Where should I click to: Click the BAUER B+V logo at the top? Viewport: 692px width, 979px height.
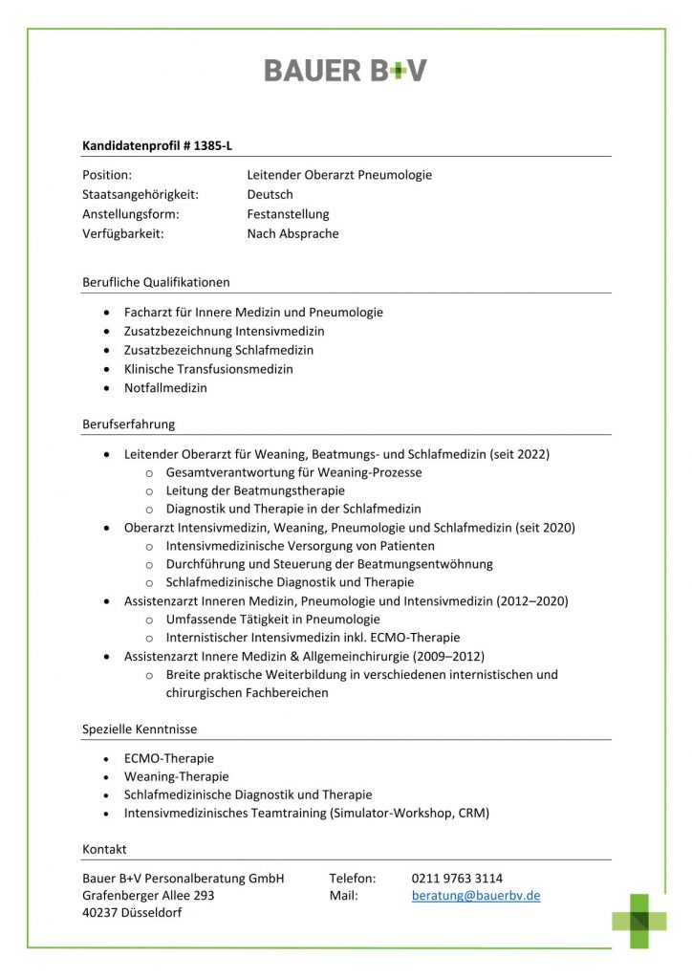pyautogui.click(x=345, y=70)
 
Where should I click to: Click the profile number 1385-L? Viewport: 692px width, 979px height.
pyautogui.click(x=212, y=145)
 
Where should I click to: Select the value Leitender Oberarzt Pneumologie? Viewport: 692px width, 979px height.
pyautogui.click(x=339, y=175)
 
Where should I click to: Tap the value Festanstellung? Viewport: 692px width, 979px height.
pyautogui.click(x=288, y=214)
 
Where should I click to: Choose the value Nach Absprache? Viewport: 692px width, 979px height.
pyautogui.click(x=292, y=234)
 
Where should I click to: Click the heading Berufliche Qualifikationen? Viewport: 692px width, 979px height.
pyautogui.click(x=156, y=282)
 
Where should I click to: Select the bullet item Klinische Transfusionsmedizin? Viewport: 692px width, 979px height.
pyautogui.click(x=208, y=369)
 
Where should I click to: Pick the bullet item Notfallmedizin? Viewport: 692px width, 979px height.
pyautogui.click(x=165, y=388)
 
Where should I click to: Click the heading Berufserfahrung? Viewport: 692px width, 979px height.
pyautogui.click(x=128, y=424)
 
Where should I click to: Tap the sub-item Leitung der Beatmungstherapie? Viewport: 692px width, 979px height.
pyautogui.click(x=255, y=490)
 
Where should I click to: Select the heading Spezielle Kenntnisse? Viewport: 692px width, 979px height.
pyautogui.click(x=140, y=729)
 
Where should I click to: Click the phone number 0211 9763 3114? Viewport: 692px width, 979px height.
pyautogui.click(x=457, y=878)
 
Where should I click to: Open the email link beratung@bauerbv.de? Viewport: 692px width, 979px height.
pyautogui.click(x=476, y=896)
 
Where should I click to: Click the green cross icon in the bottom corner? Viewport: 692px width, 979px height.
pyautogui.click(x=639, y=920)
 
